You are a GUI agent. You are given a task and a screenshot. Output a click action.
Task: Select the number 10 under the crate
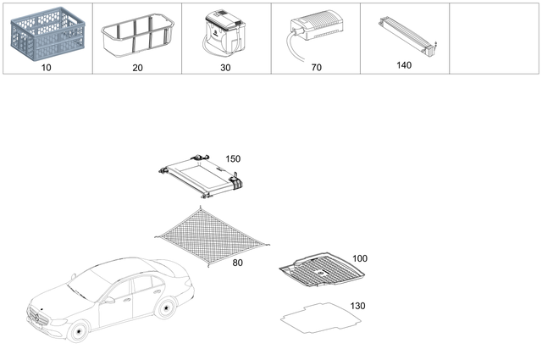click(46, 64)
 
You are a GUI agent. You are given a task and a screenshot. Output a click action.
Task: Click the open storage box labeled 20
click(135, 38)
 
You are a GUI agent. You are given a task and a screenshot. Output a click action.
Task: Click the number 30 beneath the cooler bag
click(225, 64)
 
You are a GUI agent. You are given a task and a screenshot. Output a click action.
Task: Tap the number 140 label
click(404, 64)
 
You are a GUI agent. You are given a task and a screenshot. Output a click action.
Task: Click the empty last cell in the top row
click(494, 38)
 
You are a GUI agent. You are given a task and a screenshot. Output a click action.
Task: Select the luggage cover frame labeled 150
click(202, 175)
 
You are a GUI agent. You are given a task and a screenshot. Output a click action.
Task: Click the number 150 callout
click(233, 158)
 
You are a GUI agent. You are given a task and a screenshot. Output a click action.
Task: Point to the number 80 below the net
click(237, 263)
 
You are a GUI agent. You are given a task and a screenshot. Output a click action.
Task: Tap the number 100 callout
click(360, 258)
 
